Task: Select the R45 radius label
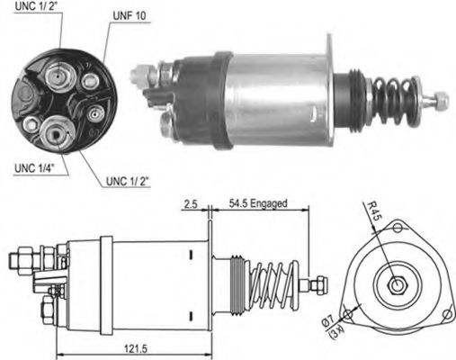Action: pyautogui.click(x=376, y=213)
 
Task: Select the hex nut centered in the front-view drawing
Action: pyautogui.click(x=395, y=287)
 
